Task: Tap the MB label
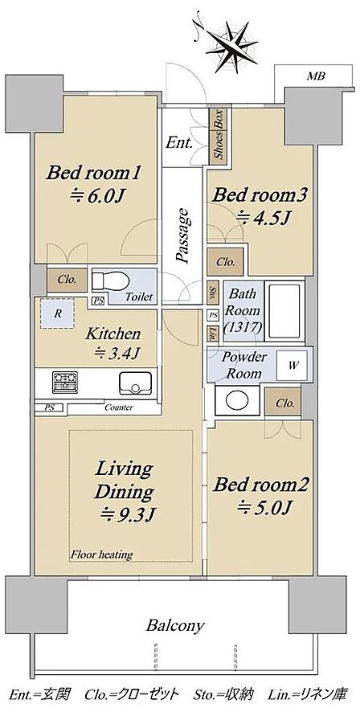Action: click(316, 76)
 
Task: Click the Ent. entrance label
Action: click(179, 144)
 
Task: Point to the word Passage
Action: click(182, 235)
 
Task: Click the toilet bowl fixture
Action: click(110, 280)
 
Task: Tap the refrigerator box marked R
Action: click(57, 313)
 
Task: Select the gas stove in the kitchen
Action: click(65, 382)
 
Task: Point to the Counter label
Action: click(118, 407)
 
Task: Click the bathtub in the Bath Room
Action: click(284, 312)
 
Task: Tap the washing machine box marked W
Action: click(292, 366)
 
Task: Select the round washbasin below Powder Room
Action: click(237, 400)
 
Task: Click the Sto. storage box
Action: click(212, 293)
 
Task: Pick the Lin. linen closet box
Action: click(212, 334)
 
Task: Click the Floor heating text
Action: click(101, 554)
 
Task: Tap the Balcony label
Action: click(175, 626)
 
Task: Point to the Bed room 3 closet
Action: click(225, 262)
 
